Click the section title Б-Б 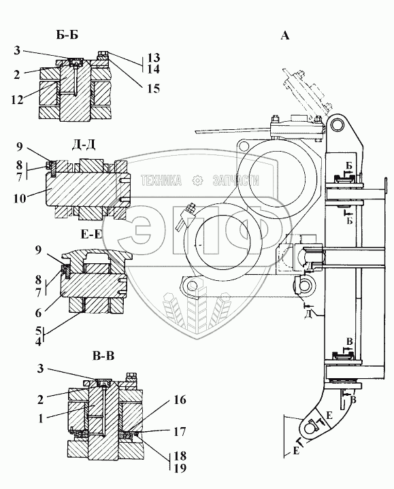(67, 35)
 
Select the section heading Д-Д (84, 144)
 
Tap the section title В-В (103, 356)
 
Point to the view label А (285, 35)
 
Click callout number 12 (17, 100)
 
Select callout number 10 (20, 199)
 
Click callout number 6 (38, 313)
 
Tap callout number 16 (180, 399)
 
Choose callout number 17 (180, 432)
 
